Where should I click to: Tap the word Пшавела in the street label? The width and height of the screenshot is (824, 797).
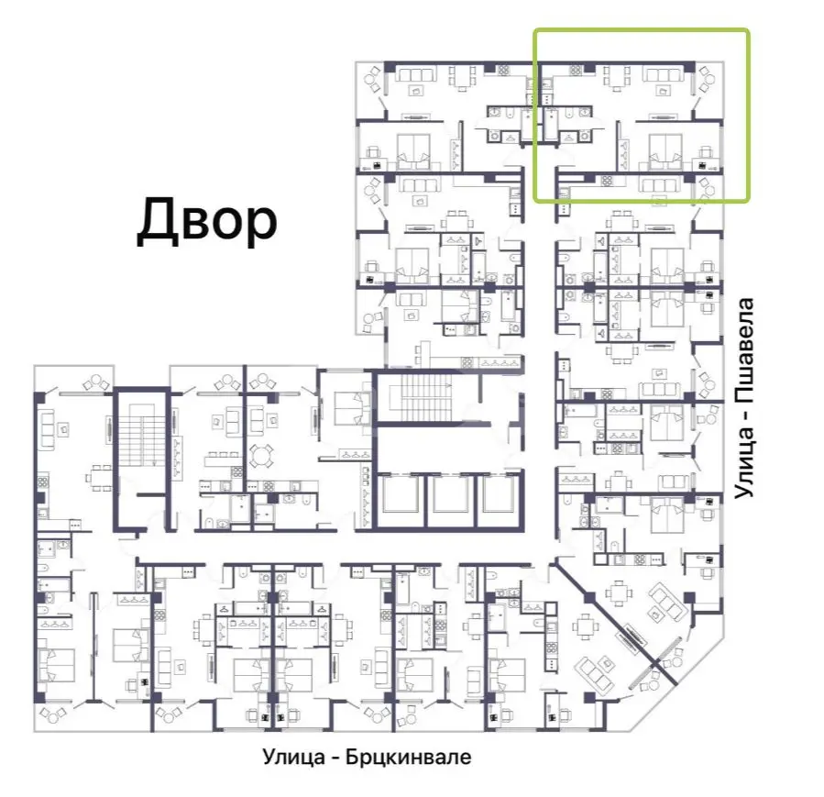(x=744, y=351)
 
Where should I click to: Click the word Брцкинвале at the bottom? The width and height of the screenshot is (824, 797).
(x=408, y=757)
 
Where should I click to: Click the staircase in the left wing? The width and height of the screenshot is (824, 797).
(x=141, y=436)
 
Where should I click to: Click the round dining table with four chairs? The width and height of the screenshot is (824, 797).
(x=260, y=456)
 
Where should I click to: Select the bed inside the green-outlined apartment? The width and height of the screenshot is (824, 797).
(x=665, y=152)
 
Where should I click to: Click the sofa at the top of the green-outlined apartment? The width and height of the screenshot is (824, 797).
(x=664, y=74)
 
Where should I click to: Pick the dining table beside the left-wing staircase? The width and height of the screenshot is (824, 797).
(x=99, y=478)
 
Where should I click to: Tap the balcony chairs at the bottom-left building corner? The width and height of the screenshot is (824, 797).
(x=53, y=716)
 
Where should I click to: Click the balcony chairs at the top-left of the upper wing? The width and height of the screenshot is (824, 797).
(x=374, y=80)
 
